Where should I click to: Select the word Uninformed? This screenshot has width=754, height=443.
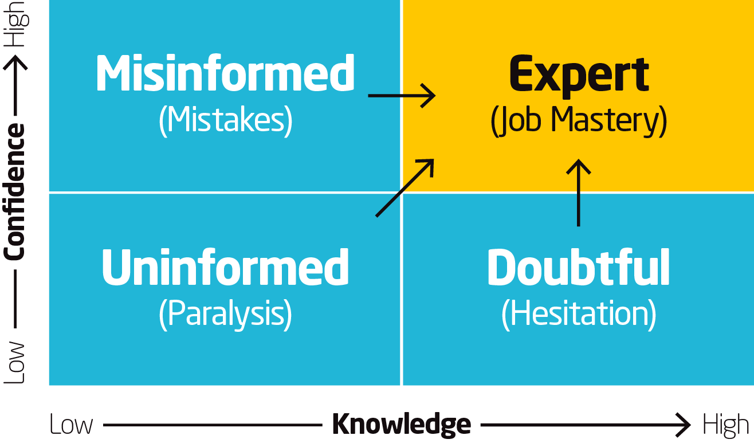click(225, 267)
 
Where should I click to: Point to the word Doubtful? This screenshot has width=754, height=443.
click(579, 267)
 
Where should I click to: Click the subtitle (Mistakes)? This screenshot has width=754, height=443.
click(226, 120)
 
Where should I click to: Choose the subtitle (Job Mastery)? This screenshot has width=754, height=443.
click(579, 121)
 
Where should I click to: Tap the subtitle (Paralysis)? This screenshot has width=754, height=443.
click(226, 313)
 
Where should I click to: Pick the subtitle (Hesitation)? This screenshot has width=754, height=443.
click(579, 313)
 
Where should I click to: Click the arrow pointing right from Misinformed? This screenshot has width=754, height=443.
click(402, 95)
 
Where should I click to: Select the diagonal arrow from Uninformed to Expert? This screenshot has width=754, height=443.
click(405, 187)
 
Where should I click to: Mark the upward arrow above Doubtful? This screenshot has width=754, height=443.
click(579, 192)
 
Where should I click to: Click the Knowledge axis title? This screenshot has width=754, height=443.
click(402, 425)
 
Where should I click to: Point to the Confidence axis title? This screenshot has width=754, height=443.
click(15, 191)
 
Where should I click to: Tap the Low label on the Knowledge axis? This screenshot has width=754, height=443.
click(71, 425)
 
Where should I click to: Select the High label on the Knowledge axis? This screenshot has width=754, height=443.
click(725, 425)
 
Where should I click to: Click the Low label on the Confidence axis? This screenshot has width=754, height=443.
click(15, 363)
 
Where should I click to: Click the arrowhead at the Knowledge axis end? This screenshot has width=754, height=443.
click(684, 425)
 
